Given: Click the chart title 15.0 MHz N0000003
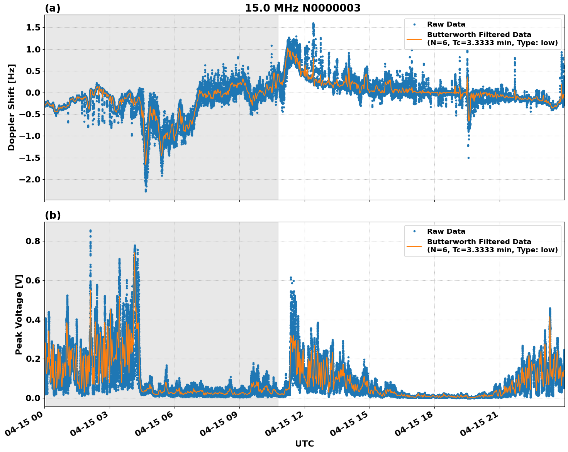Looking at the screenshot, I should tap(302, 8).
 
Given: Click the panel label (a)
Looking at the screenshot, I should tap(53, 8).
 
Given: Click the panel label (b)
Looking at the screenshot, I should tap(53, 215).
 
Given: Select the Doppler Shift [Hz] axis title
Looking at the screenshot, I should tap(12, 107).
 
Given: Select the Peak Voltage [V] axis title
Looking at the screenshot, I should tap(19, 314).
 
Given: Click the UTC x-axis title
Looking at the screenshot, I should tap(304, 444).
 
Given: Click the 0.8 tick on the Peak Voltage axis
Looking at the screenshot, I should tap(35, 241).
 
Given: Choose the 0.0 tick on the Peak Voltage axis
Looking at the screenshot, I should tap(35, 398).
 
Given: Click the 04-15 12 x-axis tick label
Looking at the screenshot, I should tap(285, 426).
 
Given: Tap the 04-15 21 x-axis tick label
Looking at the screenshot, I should tap(480, 426).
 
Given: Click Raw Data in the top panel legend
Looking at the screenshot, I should tap(446, 24).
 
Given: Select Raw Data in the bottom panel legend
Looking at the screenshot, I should tap(446, 231).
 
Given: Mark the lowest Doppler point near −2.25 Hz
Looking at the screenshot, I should tap(146, 191).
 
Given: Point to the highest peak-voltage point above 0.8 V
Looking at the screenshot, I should tap(90, 231).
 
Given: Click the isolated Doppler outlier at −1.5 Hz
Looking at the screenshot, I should tap(468, 158).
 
